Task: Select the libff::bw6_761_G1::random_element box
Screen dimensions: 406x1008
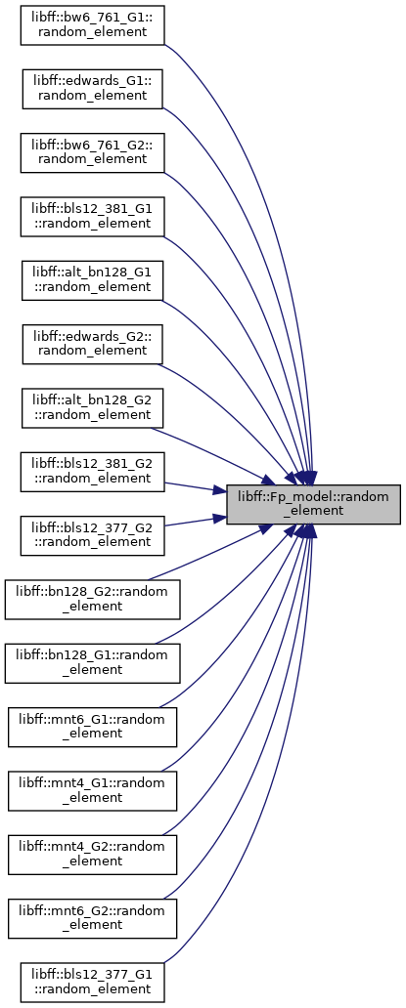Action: [x=92, y=25]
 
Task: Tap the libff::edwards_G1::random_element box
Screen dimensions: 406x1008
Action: [x=92, y=89]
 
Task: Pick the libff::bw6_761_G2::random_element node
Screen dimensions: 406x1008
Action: [x=92, y=152]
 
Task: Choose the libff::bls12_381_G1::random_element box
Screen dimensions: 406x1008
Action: [x=92, y=217]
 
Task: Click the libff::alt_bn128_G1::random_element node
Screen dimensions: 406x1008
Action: [x=92, y=280]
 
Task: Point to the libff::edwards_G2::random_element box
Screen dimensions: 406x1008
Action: [x=92, y=344]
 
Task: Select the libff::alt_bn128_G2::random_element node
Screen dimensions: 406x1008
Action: [x=92, y=408]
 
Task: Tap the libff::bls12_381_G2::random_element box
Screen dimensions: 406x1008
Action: [x=92, y=472]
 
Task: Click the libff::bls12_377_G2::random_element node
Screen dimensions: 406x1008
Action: [x=92, y=535]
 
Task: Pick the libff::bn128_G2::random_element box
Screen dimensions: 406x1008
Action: [x=92, y=600]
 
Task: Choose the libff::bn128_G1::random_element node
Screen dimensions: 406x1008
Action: [x=92, y=663]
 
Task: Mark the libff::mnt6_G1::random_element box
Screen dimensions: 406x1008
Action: [x=92, y=727]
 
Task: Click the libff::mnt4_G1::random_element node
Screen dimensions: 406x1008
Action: [x=92, y=791]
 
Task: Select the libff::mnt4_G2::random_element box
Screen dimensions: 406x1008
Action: [x=92, y=855]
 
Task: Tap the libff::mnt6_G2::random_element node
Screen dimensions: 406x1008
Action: [x=92, y=919]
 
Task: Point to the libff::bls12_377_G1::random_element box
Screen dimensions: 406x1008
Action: [x=92, y=983]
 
